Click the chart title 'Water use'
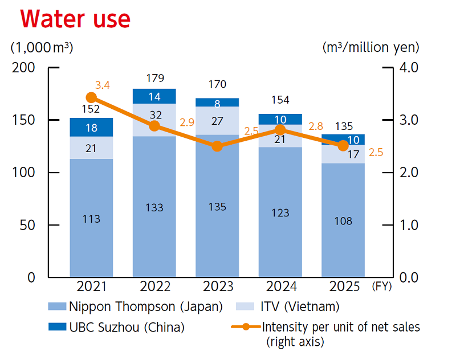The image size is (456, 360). (75, 19)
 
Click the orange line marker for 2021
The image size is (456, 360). (91, 97)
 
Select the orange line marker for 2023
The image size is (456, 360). (217, 146)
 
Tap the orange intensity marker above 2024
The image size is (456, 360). (280, 130)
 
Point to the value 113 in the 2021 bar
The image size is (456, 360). (91, 219)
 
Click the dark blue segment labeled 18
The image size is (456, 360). (91, 128)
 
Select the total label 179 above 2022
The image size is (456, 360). (154, 78)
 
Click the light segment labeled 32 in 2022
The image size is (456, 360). (154, 114)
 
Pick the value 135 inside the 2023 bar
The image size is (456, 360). (217, 206)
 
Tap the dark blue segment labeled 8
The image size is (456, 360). (217, 103)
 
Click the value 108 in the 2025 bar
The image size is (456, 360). (343, 220)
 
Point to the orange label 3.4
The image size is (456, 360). (103, 85)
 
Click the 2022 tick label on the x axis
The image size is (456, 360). (154, 287)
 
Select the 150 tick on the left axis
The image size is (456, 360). (24, 120)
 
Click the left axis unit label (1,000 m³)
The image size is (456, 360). (41, 47)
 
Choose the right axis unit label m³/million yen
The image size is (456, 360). (370, 46)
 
